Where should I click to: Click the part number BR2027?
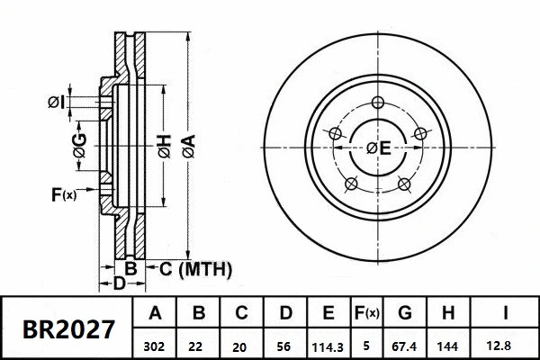tap(67, 328)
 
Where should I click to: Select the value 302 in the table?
tap(156, 344)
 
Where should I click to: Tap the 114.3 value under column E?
tap(328, 344)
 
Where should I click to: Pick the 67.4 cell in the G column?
tap(405, 344)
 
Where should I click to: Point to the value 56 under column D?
tap(285, 344)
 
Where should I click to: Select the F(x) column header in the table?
tap(368, 314)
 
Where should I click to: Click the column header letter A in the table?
tap(156, 314)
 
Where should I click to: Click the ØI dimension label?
tap(56, 103)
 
